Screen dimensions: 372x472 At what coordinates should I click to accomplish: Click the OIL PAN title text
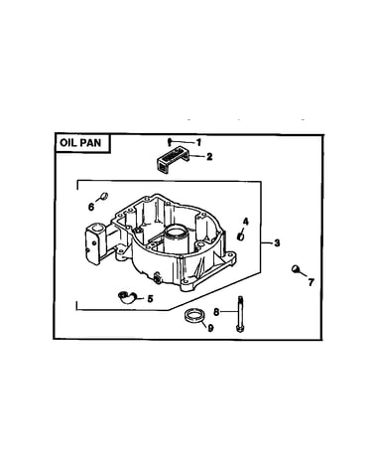coord(80,143)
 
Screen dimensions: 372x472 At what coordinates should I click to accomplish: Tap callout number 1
coord(198,142)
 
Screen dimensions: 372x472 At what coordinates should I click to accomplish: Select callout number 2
coord(209,156)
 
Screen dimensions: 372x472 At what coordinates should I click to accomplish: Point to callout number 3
coord(277,242)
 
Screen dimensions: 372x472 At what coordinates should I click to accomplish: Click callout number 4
coord(246,222)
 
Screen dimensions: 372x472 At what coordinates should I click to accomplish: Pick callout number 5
coord(150,299)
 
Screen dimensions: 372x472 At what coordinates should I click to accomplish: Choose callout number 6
coord(91,207)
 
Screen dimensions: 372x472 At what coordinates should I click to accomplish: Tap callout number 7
coord(310,282)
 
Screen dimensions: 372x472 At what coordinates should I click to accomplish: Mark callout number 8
coord(216,312)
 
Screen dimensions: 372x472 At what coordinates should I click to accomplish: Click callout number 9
coord(210,328)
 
